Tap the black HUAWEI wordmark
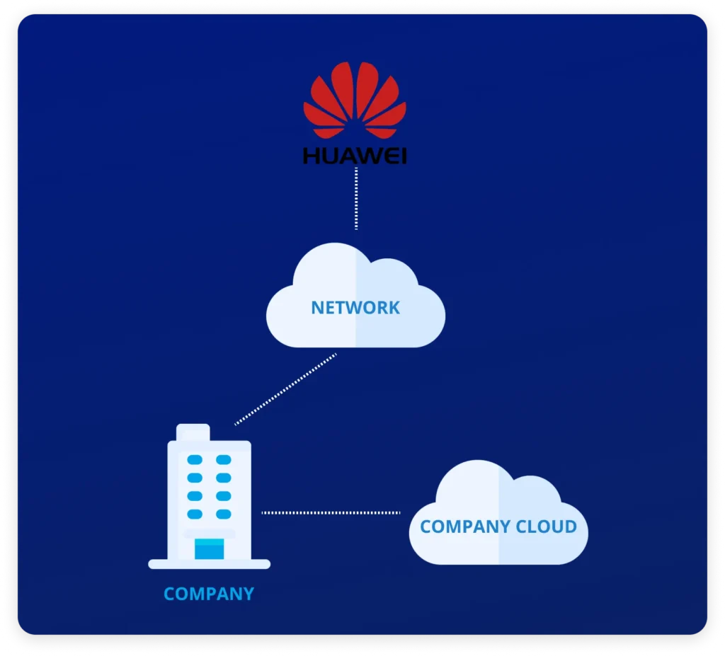click(355, 156)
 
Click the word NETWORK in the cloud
click(355, 308)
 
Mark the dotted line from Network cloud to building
click(285, 390)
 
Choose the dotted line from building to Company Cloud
click(331, 512)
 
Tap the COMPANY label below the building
click(209, 594)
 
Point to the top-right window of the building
click(224, 460)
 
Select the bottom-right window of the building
click(224, 514)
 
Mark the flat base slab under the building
click(209, 564)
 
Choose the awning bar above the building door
click(209, 533)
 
